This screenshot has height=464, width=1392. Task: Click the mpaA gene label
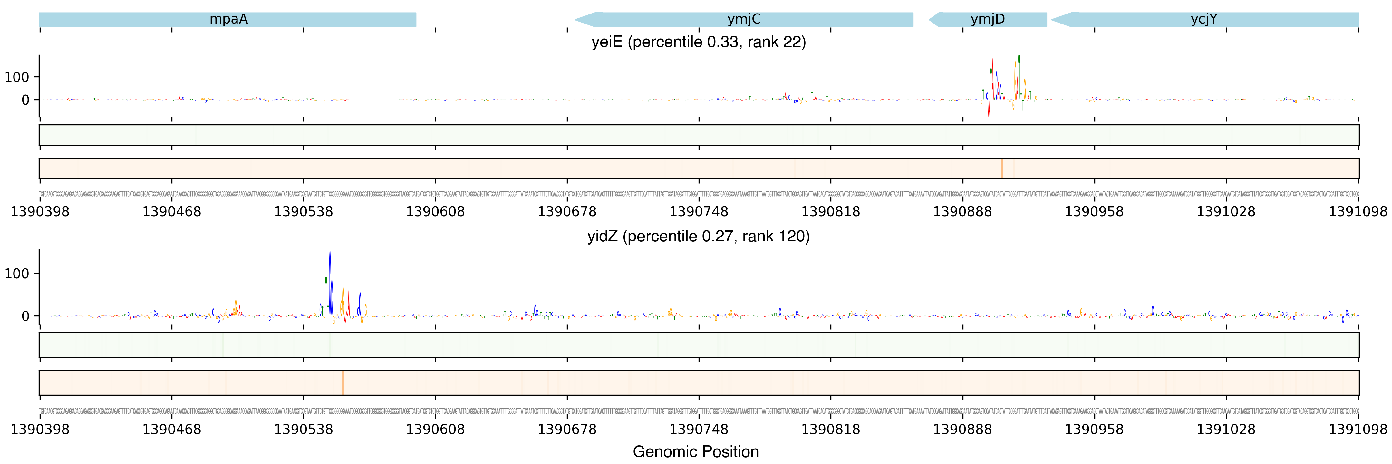click(228, 19)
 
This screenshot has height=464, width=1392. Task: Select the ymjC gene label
click(744, 19)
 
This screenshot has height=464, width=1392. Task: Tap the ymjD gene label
click(987, 19)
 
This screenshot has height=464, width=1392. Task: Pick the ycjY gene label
click(1204, 19)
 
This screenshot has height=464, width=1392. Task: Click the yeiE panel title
click(698, 42)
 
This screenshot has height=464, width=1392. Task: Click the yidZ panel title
click(698, 237)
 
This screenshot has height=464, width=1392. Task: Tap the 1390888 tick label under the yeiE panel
click(962, 212)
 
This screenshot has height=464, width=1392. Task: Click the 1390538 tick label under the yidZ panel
click(303, 430)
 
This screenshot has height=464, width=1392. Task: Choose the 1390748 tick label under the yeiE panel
click(699, 212)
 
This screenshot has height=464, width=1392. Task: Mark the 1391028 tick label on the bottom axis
click(1226, 430)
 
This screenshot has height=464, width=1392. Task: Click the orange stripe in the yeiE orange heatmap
click(1002, 169)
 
